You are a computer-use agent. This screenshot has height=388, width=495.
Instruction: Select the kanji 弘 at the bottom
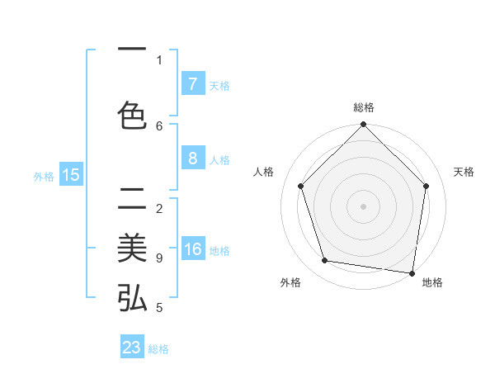pos(132,298)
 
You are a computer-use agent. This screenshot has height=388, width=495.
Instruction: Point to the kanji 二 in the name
pos(132,201)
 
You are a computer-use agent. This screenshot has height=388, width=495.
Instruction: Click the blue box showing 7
pos(192,83)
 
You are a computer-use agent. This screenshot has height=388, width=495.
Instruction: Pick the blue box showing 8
pos(192,159)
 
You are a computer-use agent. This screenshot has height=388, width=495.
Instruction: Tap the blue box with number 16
pos(192,250)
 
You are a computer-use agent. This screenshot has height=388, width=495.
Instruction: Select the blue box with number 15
pos(71,174)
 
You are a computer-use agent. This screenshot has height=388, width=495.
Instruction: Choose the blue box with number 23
pos(132,348)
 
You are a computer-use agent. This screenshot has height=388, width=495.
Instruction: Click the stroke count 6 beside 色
pos(159,125)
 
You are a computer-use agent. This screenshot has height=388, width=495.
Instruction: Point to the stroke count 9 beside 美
pos(159,258)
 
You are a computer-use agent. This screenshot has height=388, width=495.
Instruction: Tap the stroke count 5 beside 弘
pos(159,308)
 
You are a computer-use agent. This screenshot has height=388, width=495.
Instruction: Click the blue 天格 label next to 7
pos(219,85)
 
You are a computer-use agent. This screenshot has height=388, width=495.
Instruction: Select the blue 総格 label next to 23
pos(158,349)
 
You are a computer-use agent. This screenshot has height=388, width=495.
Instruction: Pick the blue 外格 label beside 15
pos(44,176)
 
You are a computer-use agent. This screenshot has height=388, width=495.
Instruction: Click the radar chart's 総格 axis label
pos(363,107)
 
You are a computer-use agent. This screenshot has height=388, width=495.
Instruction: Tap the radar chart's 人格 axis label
pos(264,172)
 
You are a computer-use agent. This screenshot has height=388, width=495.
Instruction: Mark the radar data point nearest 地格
pos(412,272)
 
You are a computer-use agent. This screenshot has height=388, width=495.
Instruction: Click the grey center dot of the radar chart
pos(363,206)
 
